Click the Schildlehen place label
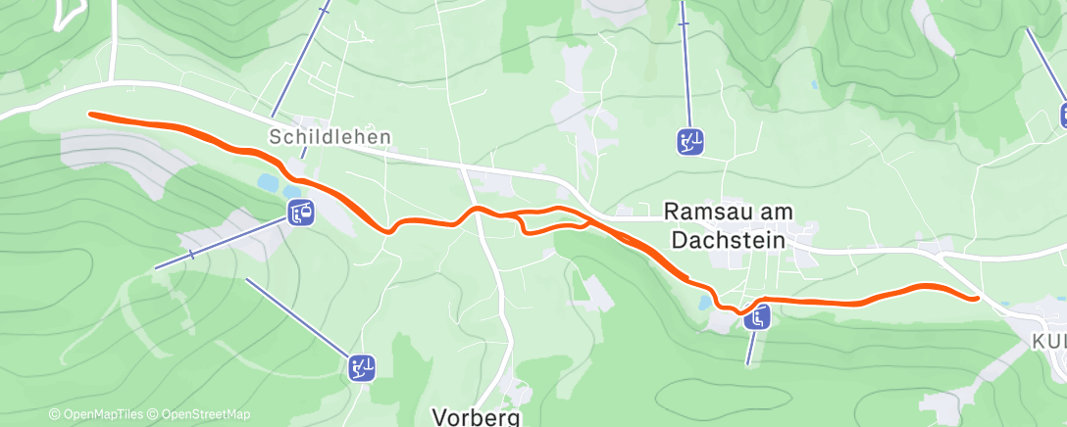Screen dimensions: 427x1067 click(330, 138)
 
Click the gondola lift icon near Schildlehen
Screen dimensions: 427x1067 click(301, 212)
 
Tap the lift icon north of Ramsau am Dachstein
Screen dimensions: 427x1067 click(689, 142)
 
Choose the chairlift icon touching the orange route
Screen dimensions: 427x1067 click(756, 316)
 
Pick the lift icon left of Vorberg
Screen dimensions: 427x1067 click(362, 368)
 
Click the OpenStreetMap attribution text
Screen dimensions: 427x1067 click(205, 415)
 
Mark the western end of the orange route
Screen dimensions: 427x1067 click(91, 114)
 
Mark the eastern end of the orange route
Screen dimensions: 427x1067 click(977, 297)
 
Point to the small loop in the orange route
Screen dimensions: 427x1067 click(554, 221)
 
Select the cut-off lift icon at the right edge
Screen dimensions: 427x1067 click(1062, 115)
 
